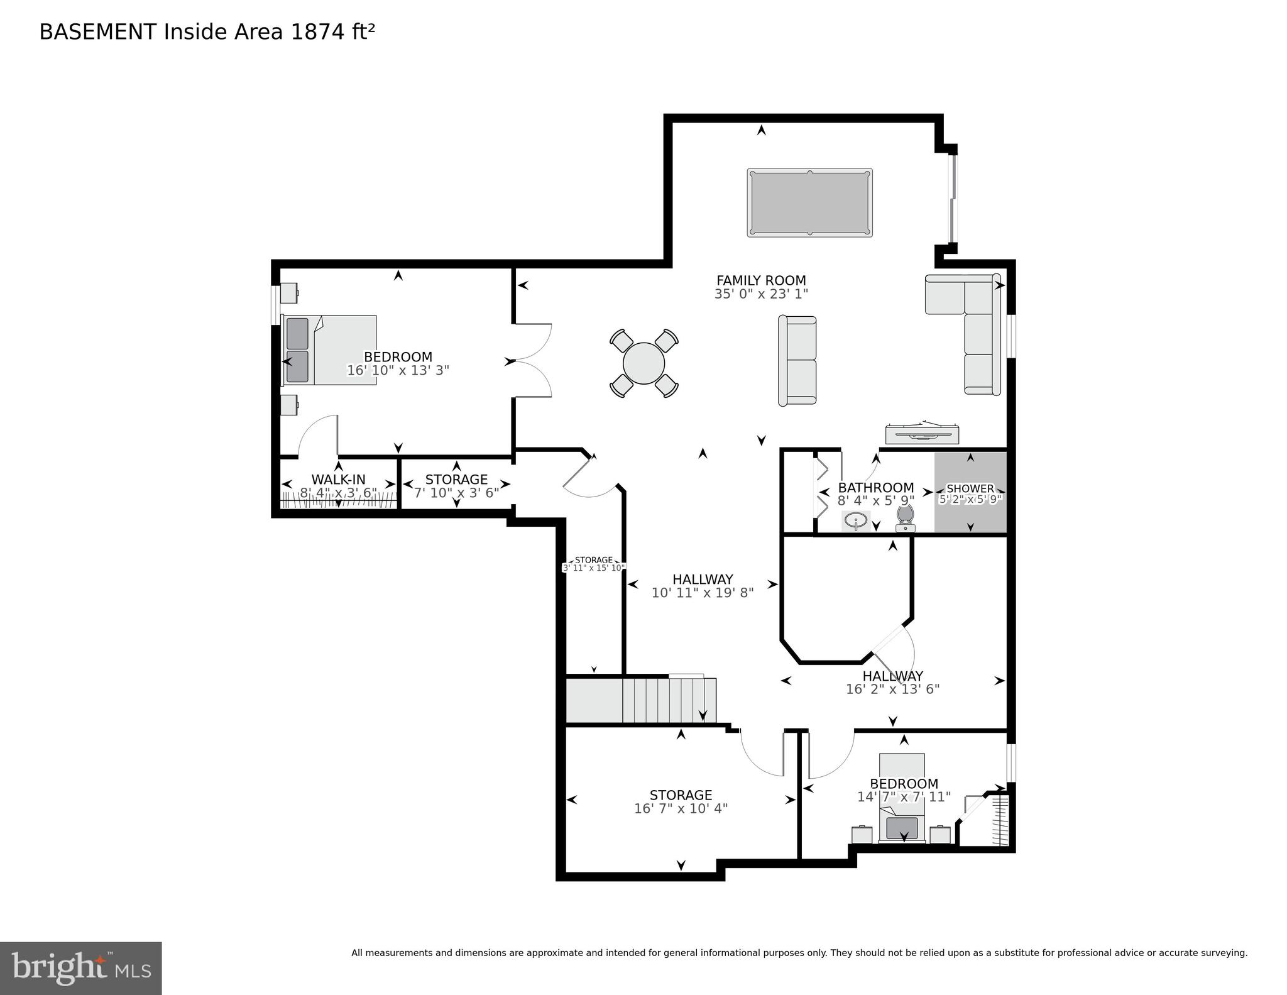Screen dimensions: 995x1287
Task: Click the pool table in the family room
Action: point(809,202)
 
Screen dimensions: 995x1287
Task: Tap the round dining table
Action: point(643,363)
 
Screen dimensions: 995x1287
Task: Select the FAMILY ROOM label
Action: point(761,280)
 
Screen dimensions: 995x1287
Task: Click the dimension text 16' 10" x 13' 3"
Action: point(398,371)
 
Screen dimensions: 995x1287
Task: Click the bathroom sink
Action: point(855,520)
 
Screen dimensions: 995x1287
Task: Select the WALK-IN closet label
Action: point(338,480)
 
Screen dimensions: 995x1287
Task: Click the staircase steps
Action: point(669,699)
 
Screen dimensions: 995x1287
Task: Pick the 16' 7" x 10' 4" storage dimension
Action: point(681,808)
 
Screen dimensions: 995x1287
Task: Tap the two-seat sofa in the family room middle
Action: point(797,361)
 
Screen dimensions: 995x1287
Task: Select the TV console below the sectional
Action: point(922,434)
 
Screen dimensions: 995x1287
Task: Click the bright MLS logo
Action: point(80,968)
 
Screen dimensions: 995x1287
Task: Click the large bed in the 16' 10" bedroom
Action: point(330,350)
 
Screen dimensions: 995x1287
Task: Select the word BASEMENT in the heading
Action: point(97,32)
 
